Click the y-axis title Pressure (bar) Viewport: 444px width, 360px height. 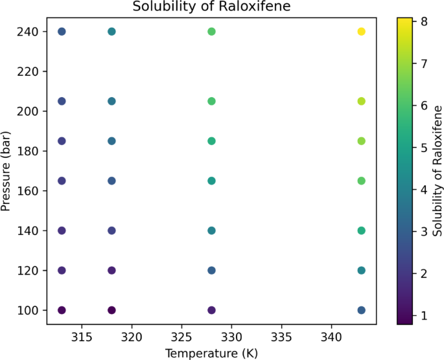click(x=7, y=171)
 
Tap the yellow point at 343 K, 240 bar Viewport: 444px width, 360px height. click(x=362, y=32)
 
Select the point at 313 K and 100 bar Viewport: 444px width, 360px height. click(x=62, y=310)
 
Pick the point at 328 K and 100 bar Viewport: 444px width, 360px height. click(x=211, y=310)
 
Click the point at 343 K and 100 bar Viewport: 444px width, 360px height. click(x=362, y=310)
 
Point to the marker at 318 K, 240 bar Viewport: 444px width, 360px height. click(x=111, y=32)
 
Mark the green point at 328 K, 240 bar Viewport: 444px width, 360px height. click(x=211, y=32)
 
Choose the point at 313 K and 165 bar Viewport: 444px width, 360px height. click(x=62, y=181)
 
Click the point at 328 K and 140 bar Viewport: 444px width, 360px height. click(x=211, y=231)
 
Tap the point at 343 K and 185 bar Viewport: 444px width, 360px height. click(x=362, y=141)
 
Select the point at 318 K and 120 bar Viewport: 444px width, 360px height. click(x=111, y=271)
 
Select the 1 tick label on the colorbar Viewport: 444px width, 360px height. click(x=421, y=315)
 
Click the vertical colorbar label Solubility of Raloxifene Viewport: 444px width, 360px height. click(x=438, y=171)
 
